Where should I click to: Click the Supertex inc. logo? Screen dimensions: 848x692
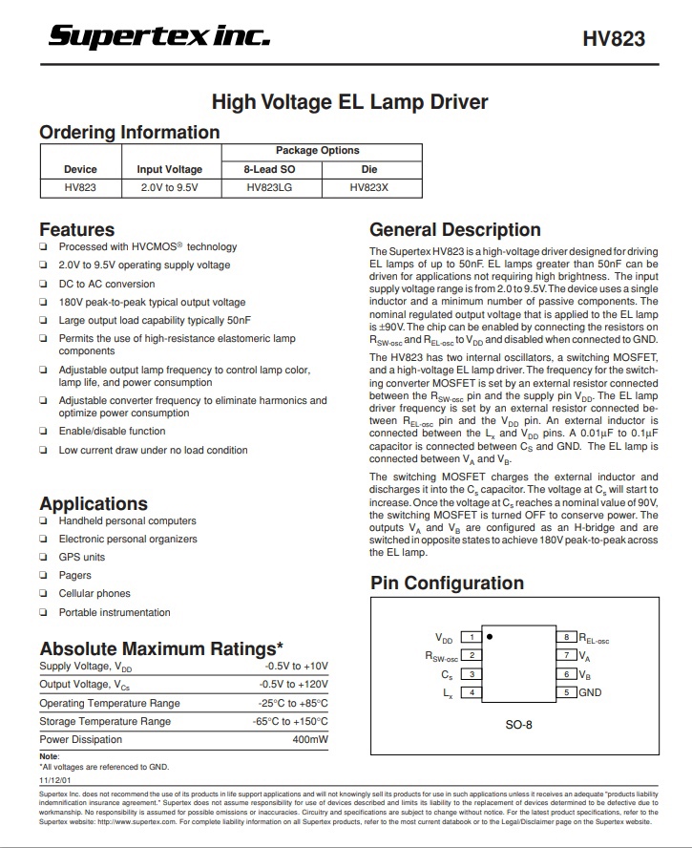click(x=159, y=36)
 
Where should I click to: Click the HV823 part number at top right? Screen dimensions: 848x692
click(x=614, y=39)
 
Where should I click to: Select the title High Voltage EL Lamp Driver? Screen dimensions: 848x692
click(x=349, y=102)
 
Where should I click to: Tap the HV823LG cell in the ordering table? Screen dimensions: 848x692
click(x=271, y=187)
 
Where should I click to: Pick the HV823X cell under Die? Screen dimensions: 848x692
click(x=369, y=187)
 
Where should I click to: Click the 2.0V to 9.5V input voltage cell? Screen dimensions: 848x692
click(x=169, y=187)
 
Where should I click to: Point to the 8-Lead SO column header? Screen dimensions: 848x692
click(x=271, y=169)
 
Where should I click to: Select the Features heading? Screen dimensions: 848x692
click(x=76, y=229)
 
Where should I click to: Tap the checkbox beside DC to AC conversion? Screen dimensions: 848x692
click(x=44, y=284)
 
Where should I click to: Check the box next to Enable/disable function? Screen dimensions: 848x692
click(x=44, y=432)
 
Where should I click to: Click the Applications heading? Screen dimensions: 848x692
click(x=94, y=503)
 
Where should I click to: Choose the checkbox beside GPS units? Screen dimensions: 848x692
click(x=44, y=558)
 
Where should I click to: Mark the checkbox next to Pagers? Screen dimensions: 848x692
click(x=44, y=576)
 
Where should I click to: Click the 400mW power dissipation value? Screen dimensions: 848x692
click(x=309, y=739)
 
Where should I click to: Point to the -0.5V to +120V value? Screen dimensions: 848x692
click(x=293, y=685)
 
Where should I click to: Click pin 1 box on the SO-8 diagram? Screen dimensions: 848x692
click(x=471, y=637)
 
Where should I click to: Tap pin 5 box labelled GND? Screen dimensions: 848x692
click(x=566, y=692)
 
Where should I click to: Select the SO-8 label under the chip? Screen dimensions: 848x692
click(x=518, y=725)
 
